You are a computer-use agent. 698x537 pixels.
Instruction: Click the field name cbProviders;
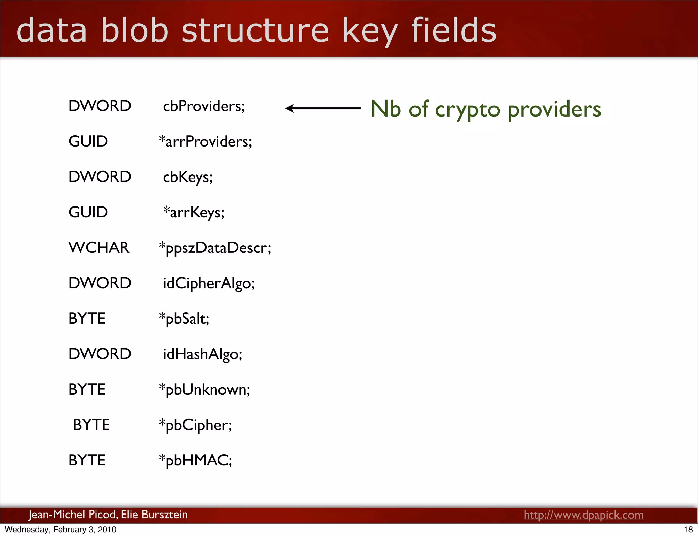(204, 106)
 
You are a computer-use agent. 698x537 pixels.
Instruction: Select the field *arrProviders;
(206, 141)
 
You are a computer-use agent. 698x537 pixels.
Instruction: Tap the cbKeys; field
(188, 177)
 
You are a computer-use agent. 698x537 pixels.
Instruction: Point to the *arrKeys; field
(194, 212)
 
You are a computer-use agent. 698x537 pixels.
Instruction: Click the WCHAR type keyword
(99, 248)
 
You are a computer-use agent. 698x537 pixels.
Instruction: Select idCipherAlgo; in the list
(209, 283)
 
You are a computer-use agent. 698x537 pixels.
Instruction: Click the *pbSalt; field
(184, 319)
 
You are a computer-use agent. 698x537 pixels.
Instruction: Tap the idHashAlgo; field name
(202, 354)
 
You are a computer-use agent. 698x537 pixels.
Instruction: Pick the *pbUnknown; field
(204, 389)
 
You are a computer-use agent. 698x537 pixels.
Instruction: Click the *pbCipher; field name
(196, 425)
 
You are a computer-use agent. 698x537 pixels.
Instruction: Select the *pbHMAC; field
(196, 460)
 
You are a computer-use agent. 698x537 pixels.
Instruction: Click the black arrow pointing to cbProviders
(322, 108)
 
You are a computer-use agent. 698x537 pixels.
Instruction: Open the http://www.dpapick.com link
(583, 515)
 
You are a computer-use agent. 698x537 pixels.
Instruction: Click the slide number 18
(688, 530)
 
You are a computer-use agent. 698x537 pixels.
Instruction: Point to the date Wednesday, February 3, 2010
(61, 530)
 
